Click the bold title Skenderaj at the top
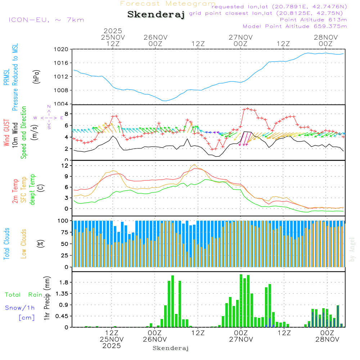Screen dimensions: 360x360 156,15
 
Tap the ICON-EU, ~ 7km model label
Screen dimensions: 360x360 46,20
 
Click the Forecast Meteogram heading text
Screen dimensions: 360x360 168,4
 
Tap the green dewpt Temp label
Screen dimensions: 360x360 32,190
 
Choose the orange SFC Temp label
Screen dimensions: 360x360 24,190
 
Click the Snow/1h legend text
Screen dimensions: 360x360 20,308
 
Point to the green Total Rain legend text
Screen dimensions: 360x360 23,294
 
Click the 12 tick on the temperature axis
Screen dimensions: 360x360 65,166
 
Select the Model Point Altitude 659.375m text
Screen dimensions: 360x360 295,26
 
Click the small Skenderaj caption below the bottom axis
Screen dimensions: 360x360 171,348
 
